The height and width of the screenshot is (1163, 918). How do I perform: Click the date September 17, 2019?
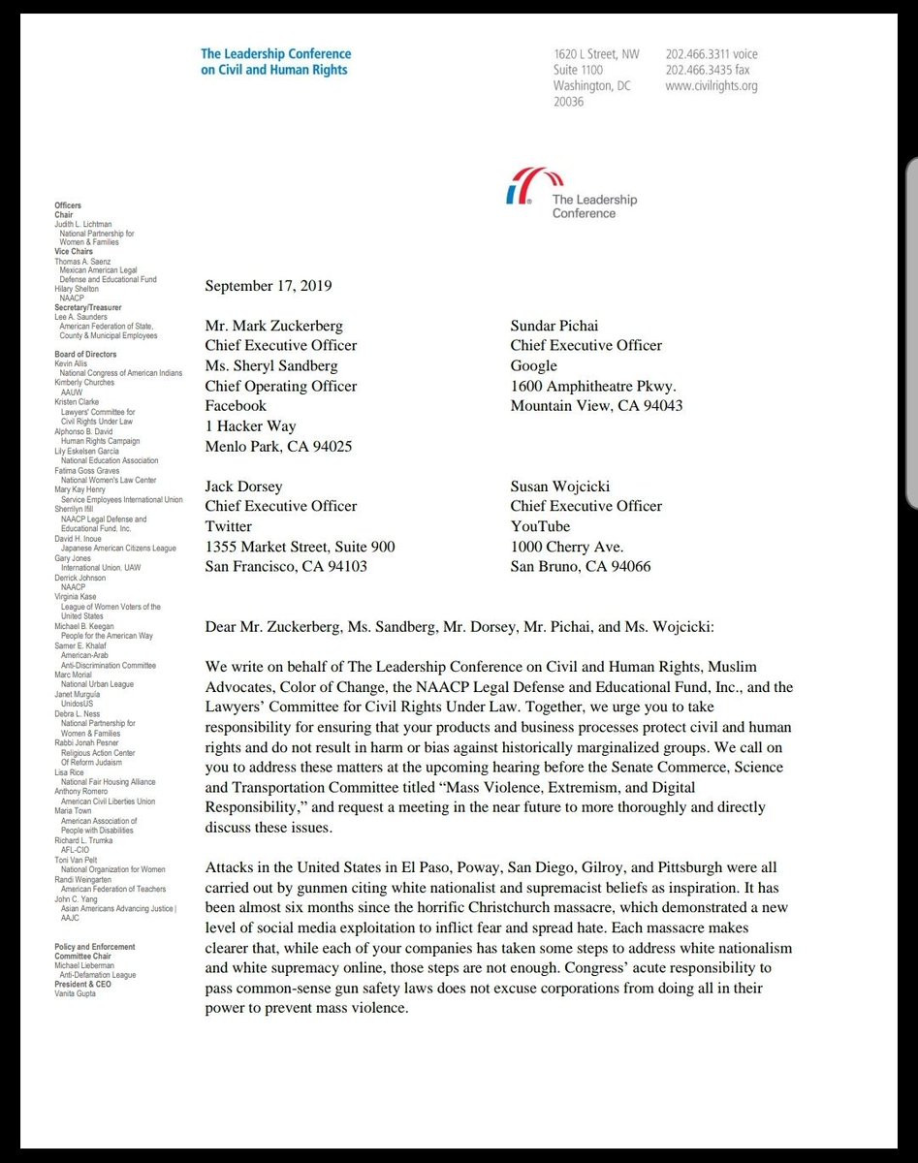click(269, 286)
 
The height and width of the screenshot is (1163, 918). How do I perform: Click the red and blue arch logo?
click(523, 186)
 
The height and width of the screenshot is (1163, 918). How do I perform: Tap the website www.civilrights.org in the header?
click(712, 86)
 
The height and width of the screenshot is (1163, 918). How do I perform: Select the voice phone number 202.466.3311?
click(712, 54)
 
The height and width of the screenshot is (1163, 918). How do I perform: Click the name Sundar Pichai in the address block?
click(559, 326)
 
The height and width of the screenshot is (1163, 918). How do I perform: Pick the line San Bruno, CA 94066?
click(581, 566)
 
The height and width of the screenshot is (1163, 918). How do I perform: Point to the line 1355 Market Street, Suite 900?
click(301, 547)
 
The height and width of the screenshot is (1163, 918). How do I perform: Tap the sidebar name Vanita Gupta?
click(76, 993)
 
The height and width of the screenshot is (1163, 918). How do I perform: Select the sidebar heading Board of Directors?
click(86, 355)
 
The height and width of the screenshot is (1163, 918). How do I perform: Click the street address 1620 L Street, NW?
click(596, 54)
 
